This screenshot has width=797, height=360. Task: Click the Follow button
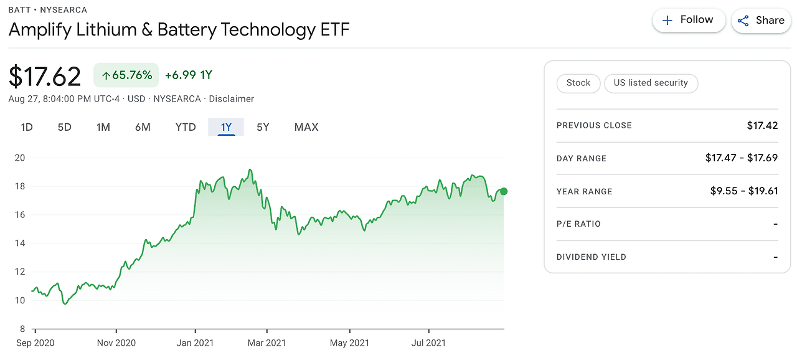(688, 21)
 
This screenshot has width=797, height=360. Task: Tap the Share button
(760, 21)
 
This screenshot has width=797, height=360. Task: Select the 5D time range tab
(65, 127)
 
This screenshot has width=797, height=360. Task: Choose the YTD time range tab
(186, 127)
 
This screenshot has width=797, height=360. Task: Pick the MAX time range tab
(306, 127)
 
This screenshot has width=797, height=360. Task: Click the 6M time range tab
(143, 127)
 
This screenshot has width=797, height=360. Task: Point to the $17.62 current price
(45, 76)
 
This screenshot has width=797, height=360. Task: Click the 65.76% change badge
(126, 75)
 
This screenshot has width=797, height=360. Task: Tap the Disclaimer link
(232, 99)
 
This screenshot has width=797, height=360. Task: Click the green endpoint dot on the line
(504, 191)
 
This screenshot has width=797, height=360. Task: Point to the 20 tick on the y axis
(20, 158)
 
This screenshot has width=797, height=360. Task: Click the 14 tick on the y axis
(20, 244)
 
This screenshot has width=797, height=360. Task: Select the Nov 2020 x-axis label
(116, 343)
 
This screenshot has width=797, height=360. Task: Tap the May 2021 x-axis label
(350, 343)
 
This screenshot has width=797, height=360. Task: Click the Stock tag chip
(578, 83)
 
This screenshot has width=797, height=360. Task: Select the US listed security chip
(651, 83)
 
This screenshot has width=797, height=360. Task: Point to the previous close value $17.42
(762, 125)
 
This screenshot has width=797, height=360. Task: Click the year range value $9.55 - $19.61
(744, 191)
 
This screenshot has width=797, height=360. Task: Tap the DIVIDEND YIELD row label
(592, 257)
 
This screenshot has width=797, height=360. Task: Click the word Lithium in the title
(106, 29)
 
